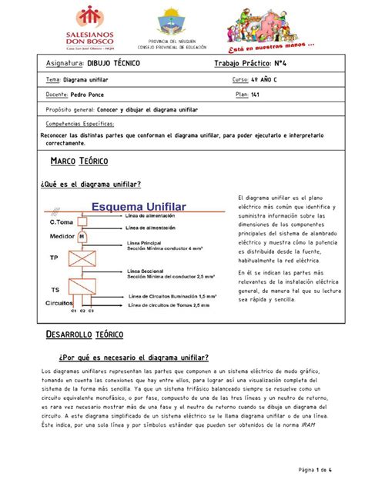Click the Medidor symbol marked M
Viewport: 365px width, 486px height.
80,236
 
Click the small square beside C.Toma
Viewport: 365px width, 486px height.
80,221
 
